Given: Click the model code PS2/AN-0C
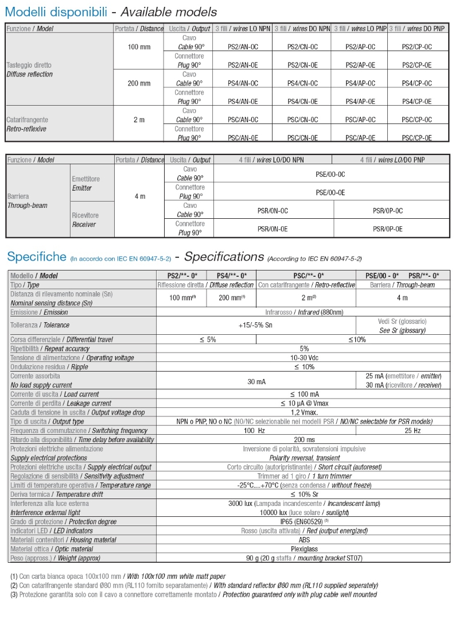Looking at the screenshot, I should point(243,47).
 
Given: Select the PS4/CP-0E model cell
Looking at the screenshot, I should point(417,102).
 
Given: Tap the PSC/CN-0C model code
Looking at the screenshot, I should point(302,120).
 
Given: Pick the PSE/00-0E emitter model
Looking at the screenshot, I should point(330,192).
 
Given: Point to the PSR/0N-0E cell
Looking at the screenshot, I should point(273,229).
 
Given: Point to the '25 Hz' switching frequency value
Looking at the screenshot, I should point(413,430).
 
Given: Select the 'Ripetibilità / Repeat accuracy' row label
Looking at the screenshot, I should point(50,349).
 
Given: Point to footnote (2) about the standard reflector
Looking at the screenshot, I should point(194,585).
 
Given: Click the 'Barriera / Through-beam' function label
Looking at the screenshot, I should point(27,201).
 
